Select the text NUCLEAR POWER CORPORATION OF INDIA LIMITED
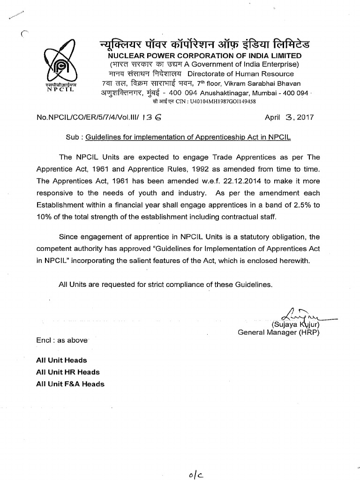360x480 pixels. [x=205, y=56]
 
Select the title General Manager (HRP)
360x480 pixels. [x=278, y=332]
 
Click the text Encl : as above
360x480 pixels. [x=61, y=340]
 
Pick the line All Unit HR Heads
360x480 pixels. [x=68, y=372]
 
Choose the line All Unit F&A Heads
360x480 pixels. [x=70, y=384]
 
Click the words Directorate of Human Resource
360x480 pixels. [x=240, y=74]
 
